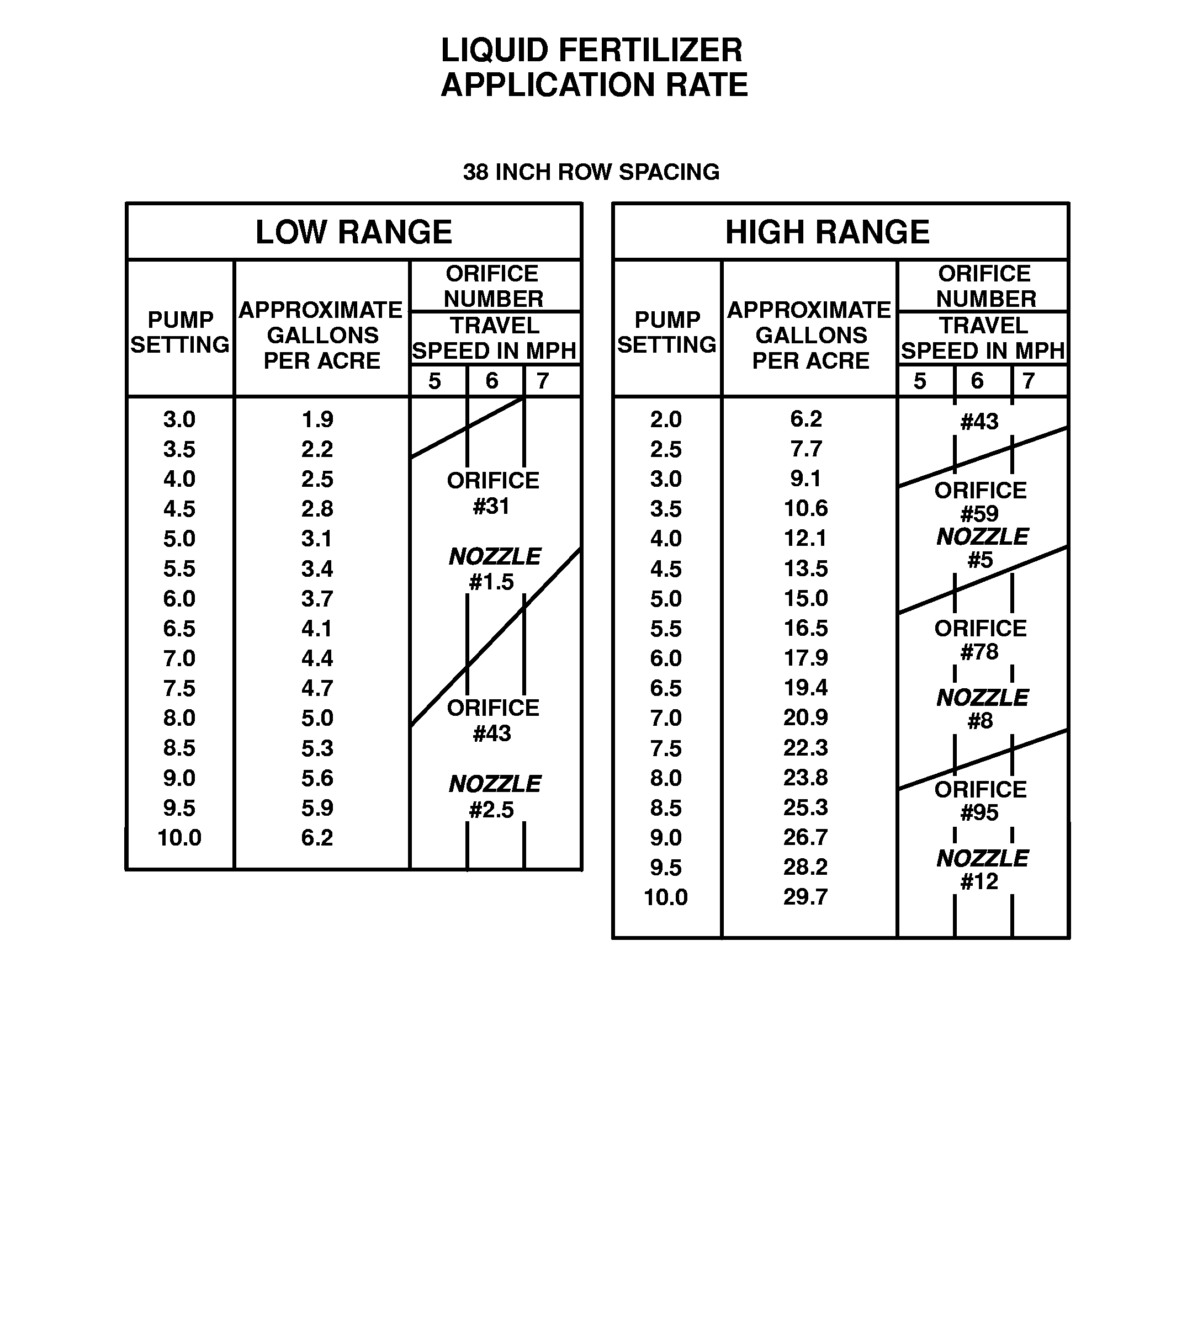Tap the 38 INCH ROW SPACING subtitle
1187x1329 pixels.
tap(591, 172)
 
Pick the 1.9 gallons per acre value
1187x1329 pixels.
tap(317, 419)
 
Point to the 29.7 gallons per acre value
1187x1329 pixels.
tap(806, 897)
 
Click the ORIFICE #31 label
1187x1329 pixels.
tap(492, 493)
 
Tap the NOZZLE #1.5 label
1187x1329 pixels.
tap(494, 568)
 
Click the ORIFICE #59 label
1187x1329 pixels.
tap(981, 502)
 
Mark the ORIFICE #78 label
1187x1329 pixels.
tap(981, 640)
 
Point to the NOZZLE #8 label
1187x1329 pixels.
tap(982, 709)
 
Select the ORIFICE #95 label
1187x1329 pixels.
tap(981, 801)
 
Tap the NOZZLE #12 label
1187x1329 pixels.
tap(982, 870)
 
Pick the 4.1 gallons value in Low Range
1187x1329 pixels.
tap(317, 629)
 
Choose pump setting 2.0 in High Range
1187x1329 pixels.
tap(666, 419)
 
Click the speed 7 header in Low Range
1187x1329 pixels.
tap(543, 381)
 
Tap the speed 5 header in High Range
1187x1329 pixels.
tap(920, 381)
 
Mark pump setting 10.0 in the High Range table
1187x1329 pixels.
tap(666, 897)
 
